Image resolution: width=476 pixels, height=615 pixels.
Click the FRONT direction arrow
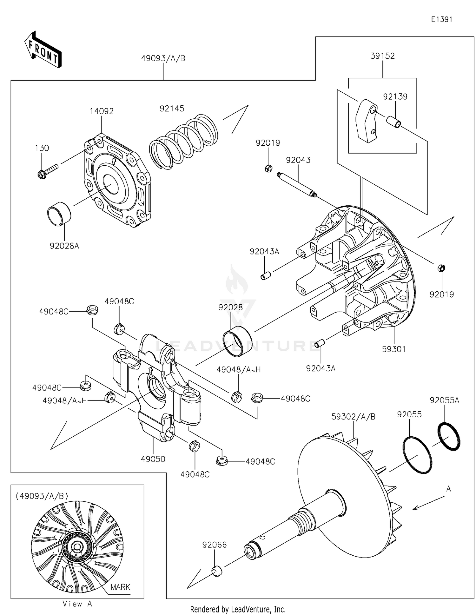tap(43, 50)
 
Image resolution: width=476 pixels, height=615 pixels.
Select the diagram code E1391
tap(441, 19)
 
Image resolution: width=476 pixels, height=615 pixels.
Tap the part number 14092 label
tap(102, 111)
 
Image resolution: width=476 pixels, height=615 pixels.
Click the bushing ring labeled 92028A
tap(59, 214)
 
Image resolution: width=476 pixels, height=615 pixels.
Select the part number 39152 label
tap(382, 56)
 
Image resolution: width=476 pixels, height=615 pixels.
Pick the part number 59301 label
tap(394, 349)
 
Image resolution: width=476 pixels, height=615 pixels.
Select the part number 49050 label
tap(153, 459)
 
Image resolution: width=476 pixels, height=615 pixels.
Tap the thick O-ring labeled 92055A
tap(449, 436)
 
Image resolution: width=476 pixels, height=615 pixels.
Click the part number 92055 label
tap(409, 415)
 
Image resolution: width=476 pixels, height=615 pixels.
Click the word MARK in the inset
tap(120, 587)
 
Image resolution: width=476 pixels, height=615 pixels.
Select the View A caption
tap(77, 604)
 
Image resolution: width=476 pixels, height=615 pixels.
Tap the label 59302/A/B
tap(353, 417)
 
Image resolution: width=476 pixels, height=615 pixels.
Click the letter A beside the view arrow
tap(448, 489)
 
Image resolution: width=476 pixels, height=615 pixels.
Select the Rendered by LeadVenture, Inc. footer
tap(238, 609)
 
